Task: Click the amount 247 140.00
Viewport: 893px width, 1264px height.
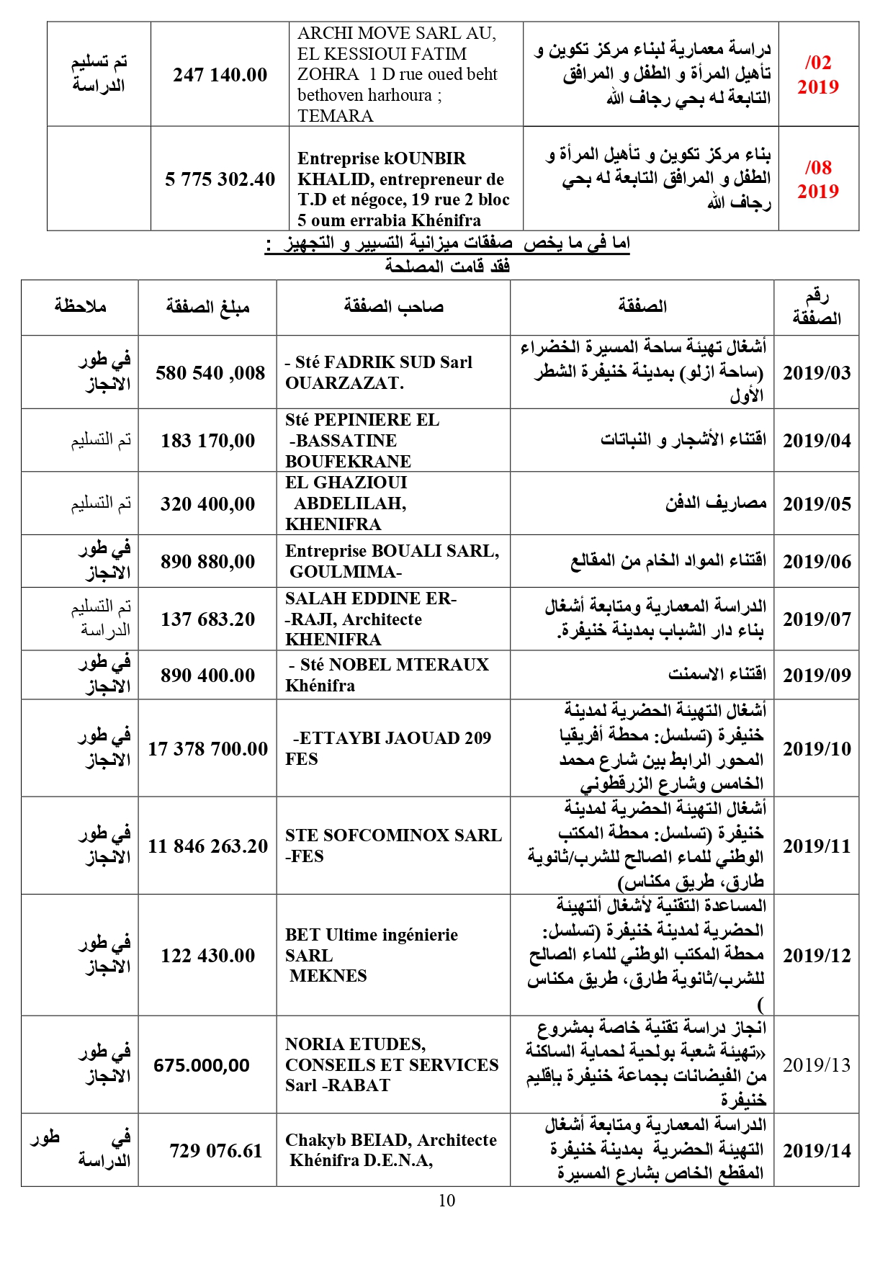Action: pyautogui.click(x=220, y=75)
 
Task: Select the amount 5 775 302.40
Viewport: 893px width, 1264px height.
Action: pyautogui.click(x=220, y=179)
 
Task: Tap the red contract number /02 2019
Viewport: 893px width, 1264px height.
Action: pyautogui.click(x=818, y=75)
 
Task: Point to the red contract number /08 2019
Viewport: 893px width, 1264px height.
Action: pyautogui.click(x=818, y=179)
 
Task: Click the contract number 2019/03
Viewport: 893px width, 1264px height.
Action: pyautogui.click(x=817, y=373)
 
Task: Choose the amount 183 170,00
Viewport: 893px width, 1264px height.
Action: pyautogui.click(x=207, y=441)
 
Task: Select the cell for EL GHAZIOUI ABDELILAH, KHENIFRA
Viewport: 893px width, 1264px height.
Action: pyautogui.click(x=346, y=503)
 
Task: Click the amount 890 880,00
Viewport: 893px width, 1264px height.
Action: pyautogui.click(x=207, y=561)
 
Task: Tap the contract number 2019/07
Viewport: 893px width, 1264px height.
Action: pyautogui.click(x=817, y=619)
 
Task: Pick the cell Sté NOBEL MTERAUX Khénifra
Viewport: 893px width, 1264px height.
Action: pyautogui.click(x=387, y=675)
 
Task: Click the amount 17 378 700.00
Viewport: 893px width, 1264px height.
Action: pyautogui.click(x=207, y=749)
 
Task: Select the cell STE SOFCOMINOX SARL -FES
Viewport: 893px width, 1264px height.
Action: pyautogui.click(x=393, y=846)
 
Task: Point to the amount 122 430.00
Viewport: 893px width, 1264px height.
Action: pyautogui.click(x=207, y=956)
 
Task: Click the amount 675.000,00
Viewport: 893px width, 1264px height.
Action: pyautogui.click(x=202, y=1065)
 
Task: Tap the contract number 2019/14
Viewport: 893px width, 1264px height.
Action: pyautogui.click(x=817, y=1150)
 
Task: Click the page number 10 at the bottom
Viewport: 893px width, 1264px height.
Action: pyautogui.click(x=447, y=1201)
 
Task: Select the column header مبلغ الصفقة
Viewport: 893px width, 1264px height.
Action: pyautogui.click(x=207, y=308)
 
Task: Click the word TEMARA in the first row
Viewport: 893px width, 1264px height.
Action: pyautogui.click(x=335, y=116)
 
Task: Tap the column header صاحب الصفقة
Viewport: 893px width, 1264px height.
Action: pyautogui.click(x=393, y=307)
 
